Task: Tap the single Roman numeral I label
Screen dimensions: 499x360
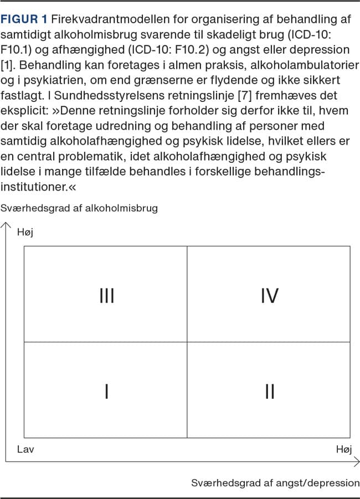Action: click(106, 392)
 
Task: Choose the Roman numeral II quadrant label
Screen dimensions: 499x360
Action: click(269, 392)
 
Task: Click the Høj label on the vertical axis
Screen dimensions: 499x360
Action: click(25, 232)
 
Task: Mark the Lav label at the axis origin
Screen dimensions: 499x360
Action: click(25, 449)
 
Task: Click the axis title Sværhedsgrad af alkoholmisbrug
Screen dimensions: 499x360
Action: click(79, 208)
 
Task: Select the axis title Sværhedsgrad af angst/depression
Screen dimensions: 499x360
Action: click(275, 482)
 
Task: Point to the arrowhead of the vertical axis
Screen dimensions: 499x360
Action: click(6, 225)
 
